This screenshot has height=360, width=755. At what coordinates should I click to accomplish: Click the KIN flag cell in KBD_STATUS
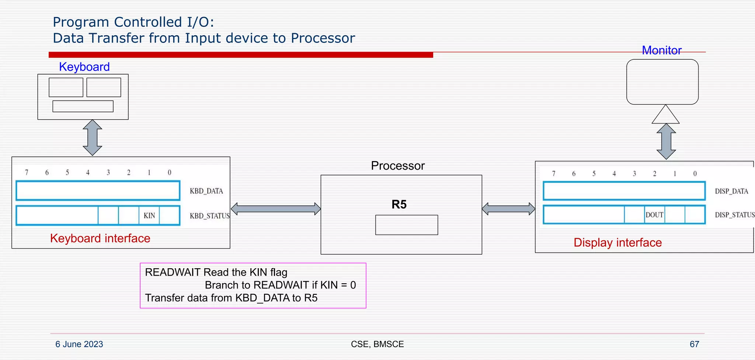149,216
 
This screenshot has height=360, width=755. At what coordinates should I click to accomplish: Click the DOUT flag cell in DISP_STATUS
654,215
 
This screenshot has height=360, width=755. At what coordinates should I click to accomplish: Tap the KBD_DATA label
206,191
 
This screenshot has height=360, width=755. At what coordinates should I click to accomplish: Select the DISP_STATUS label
734,215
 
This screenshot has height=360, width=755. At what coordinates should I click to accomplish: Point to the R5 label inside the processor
399,204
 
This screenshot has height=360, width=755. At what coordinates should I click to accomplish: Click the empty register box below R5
407,225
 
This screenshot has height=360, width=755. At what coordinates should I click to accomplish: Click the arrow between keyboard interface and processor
276,209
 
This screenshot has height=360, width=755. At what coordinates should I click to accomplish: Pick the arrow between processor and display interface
508,209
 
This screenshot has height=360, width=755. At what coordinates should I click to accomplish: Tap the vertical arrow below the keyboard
92,138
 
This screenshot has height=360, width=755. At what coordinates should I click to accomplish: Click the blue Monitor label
662,50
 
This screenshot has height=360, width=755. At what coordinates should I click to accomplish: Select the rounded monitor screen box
662,82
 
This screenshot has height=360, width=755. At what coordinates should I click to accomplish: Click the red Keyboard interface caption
100,238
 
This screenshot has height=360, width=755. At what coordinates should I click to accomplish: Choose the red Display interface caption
617,243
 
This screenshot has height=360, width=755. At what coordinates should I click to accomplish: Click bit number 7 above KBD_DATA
27,172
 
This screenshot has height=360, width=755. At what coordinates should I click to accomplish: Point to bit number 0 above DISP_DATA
695,173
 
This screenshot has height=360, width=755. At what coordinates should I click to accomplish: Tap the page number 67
694,344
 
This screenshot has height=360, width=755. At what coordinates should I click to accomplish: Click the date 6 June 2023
79,344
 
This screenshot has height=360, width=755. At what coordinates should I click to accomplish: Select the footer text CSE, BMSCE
377,344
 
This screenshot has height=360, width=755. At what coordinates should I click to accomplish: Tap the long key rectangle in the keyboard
83,106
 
